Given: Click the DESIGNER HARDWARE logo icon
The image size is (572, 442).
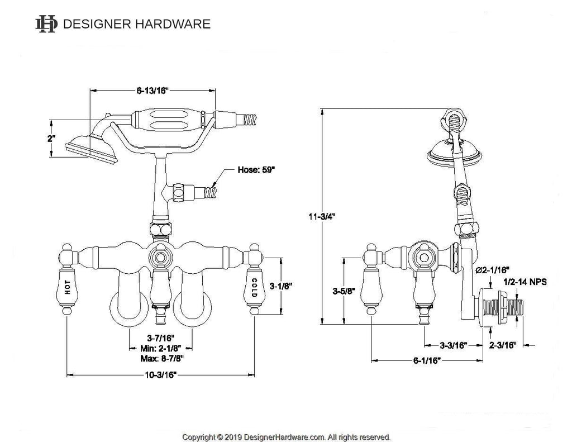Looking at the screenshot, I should pyautogui.click(x=46, y=23).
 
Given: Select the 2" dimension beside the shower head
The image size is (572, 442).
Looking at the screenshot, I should pyautogui.click(x=51, y=139).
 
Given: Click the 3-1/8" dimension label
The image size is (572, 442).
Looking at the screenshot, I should pyautogui.click(x=282, y=286).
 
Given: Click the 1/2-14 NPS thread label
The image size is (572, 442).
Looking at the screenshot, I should pyautogui.click(x=525, y=283).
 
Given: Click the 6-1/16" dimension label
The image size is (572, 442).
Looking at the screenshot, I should pyautogui.click(x=427, y=360).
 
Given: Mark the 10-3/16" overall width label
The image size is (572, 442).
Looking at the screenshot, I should pyautogui.click(x=160, y=375).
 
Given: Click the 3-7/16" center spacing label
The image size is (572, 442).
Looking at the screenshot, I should pyautogui.click(x=161, y=338).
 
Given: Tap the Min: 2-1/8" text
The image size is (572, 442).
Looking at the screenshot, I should pyautogui.click(x=161, y=348).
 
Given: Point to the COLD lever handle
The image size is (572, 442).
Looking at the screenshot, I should pyautogui.click(x=254, y=286).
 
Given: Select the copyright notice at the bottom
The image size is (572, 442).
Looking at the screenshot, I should pyautogui.click(x=287, y=437).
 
